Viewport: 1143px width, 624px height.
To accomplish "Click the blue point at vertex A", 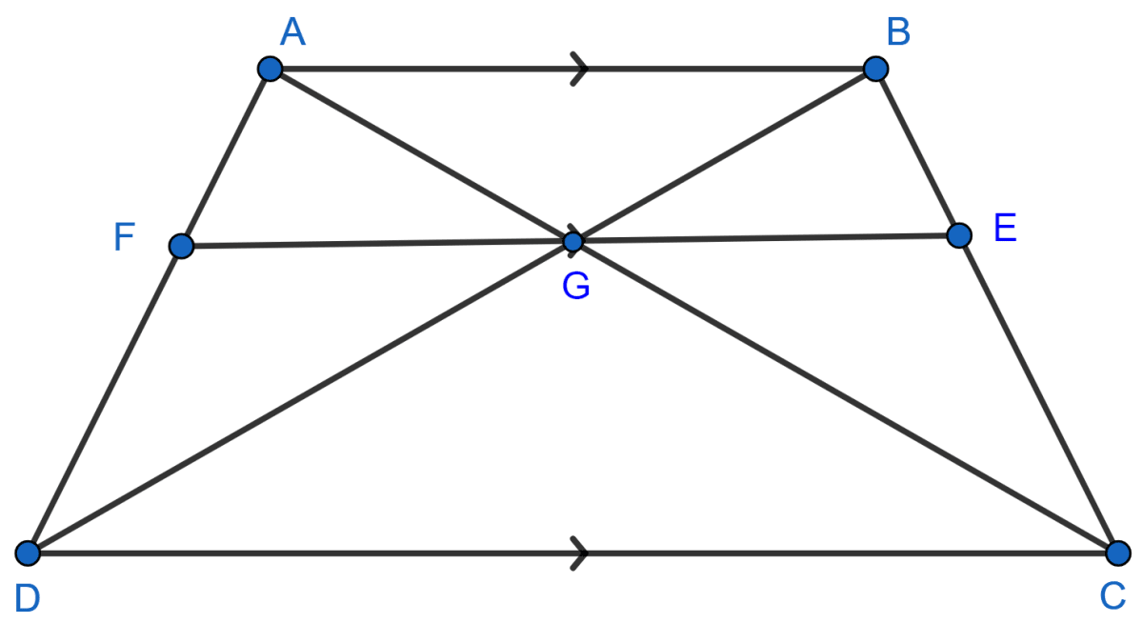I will (270, 69).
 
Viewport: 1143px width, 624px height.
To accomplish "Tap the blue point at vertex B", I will (875, 69).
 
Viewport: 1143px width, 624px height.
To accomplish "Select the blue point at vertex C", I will (1118, 553).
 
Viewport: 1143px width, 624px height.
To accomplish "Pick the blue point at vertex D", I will (28, 553).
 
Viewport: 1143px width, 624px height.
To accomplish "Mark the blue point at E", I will (959, 234).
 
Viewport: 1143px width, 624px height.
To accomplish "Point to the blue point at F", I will (180, 247).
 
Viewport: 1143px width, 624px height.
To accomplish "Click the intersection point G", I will (572, 242).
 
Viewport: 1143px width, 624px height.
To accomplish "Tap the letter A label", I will (291, 33).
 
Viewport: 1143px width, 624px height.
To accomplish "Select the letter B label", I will (898, 32).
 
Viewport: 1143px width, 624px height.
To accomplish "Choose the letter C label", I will (1113, 596).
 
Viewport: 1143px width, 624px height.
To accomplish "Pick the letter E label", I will (1006, 230).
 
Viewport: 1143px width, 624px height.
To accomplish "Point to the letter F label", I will (124, 238).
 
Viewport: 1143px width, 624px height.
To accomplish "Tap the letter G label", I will (575, 286).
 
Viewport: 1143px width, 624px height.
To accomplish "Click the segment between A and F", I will (225, 157).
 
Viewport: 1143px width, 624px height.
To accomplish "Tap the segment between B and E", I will (917, 151).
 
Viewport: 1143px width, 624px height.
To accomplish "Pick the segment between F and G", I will (376, 245).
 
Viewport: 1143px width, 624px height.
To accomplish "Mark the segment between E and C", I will (1038, 393).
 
